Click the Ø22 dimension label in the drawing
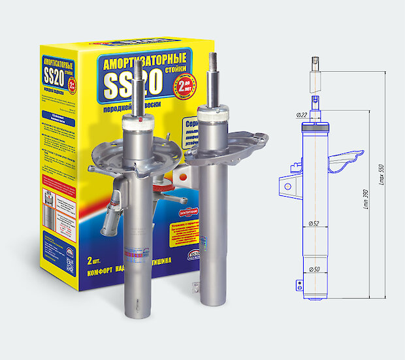302,115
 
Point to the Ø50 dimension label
316,269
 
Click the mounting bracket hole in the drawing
286,186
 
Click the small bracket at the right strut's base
193,286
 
